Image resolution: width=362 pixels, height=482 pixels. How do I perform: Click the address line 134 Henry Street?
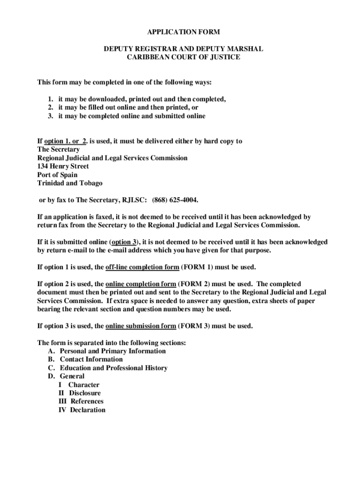[x=63, y=166]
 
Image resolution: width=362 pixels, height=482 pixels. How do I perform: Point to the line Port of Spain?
[x=57, y=175]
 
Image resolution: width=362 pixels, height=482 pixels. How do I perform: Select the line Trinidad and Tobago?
[x=70, y=183]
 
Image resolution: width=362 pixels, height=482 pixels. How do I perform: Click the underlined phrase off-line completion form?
[x=142, y=267]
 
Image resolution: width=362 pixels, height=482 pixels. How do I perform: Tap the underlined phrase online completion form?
[x=141, y=284]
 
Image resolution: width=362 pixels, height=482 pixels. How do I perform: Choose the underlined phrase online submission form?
[x=142, y=326]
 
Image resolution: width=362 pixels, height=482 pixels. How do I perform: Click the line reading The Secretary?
[x=58, y=149]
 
